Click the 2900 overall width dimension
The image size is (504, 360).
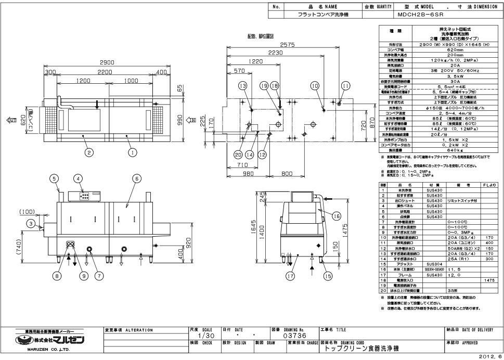tap(107, 62)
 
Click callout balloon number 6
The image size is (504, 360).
tap(136, 178)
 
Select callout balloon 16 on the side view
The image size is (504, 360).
tap(336, 215)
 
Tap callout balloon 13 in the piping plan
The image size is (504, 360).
tap(242, 85)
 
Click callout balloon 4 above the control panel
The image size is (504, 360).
tap(79, 178)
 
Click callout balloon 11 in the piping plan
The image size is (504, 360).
tap(345, 85)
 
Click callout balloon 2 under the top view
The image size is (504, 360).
tap(89, 152)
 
